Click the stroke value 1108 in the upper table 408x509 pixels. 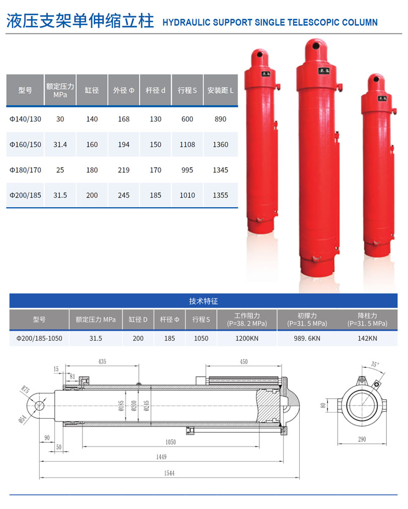pyautogui.click(x=187, y=145)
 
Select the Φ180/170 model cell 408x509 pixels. pyautogui.click(x=25, y=170)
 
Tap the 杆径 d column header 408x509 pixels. pyautogui.click(x=155, y=90)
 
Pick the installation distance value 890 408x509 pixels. pyautogui.click(x=220, y=119)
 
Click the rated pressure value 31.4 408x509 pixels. pyautogui.click(x=60, y=145)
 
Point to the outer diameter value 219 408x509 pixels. pyautogui.click(x=123, y=170)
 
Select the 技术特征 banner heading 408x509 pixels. pyautogui.click(x=203, y=301)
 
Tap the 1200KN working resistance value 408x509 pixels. pyautogui.click(x=247, y=338)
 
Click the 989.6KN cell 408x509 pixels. pyautogui.click(x=307, y=338)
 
